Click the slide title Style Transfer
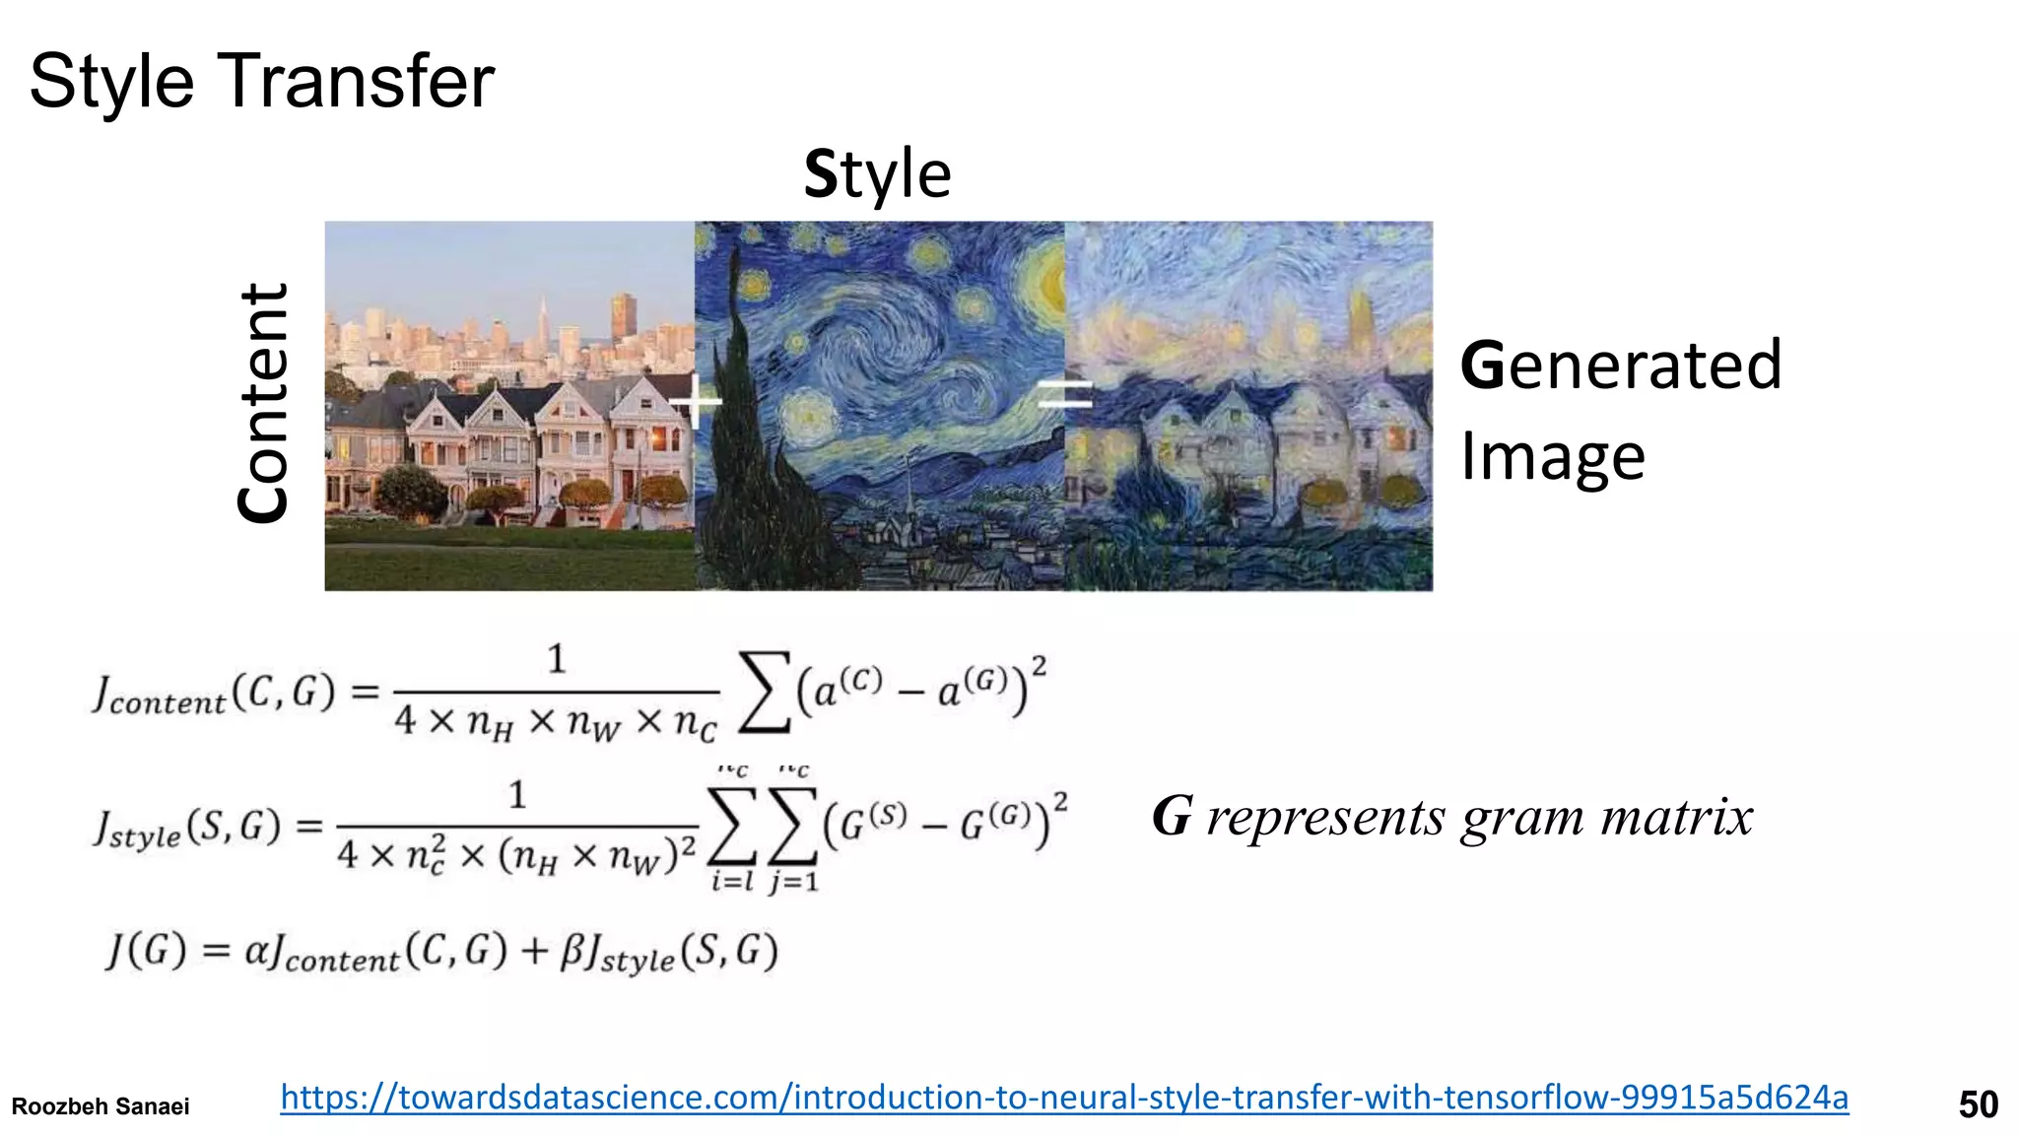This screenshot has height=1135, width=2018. click(x=261, y=81)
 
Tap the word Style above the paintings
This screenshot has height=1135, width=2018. click(x=877, y=174)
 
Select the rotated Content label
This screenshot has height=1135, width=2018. click(x=264, y=403)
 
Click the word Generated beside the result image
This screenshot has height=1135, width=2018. click(x=1620, y=365)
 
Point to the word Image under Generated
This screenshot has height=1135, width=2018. click(x=1552, y=456)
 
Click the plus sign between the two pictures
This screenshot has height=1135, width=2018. click(x=697, y=401)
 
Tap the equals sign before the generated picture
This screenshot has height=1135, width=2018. click(x=1065, y=395)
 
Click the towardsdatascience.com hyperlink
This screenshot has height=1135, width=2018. click(x=1064, y=1097)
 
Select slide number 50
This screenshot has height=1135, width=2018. click(x=1978, y=1104)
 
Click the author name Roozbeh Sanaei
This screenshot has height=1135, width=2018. click(x=101, y=1106)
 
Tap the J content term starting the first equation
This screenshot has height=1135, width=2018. click(x=158, y=695)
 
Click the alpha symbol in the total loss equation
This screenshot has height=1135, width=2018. click(x=256, y=951)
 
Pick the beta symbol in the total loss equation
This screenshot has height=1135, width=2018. click(x=572, y=952)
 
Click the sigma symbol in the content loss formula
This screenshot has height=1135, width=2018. click(x=765, y=692)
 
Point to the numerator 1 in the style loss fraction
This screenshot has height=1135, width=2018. click(x=517, y=794)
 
